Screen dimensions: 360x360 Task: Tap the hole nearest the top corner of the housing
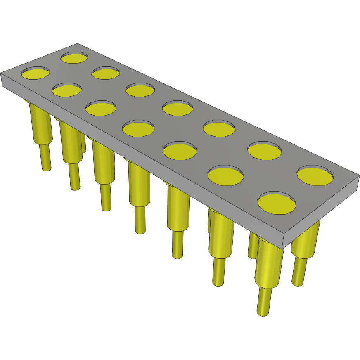click(74, 57)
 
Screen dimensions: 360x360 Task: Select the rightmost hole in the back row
click(315, 176)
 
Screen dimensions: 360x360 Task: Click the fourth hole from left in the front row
click(138, 128)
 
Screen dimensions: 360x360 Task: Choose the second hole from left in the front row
click(66, 90)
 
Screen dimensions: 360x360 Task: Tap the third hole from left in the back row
click(140, 90)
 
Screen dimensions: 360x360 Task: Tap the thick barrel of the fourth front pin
click(139, 184)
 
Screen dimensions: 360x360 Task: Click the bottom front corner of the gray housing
click(284, 246)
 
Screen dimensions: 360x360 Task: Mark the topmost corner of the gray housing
click(78, 44)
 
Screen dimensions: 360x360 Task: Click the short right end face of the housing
click(322, 215)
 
